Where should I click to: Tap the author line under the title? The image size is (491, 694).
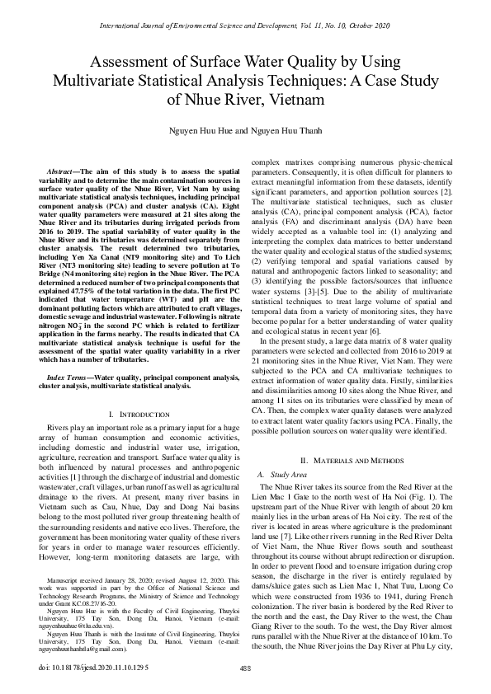(x=245, y=132)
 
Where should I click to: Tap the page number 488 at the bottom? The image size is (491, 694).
(x=244, y=668)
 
